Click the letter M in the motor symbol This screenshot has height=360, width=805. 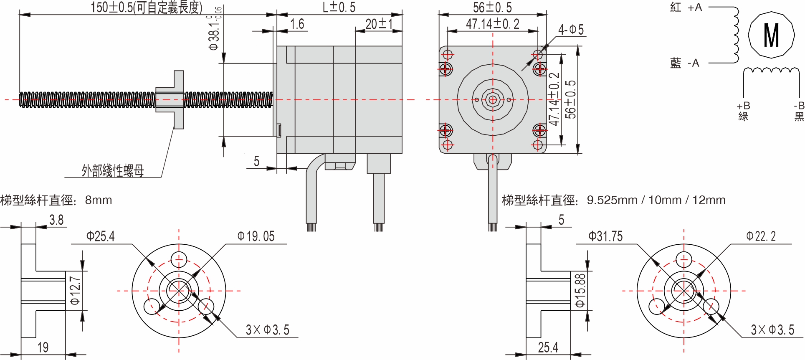(771, 35)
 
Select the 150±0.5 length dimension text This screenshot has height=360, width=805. (146, 8)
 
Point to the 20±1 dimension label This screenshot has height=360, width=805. (379, 24)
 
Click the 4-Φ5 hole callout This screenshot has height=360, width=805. (571, 30)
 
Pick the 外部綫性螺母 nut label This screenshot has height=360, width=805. (113, 170)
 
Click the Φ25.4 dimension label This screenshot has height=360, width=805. (100, 236)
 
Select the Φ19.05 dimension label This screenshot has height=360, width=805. (256, 236)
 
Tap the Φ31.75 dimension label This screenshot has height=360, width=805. (605, 236)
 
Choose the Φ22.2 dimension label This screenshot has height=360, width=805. (761, 236)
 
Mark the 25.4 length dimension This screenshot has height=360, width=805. (548, 347)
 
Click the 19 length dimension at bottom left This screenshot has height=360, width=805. (43, 347)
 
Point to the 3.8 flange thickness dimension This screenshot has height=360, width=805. (56, 220)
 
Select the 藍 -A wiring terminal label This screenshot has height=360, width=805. (684, 63)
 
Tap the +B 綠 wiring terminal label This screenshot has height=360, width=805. (743, 111)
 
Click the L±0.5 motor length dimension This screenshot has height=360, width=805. (339, 8)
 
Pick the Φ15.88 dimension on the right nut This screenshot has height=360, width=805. (580, 290)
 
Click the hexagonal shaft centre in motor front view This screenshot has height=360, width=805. (493, 100)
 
